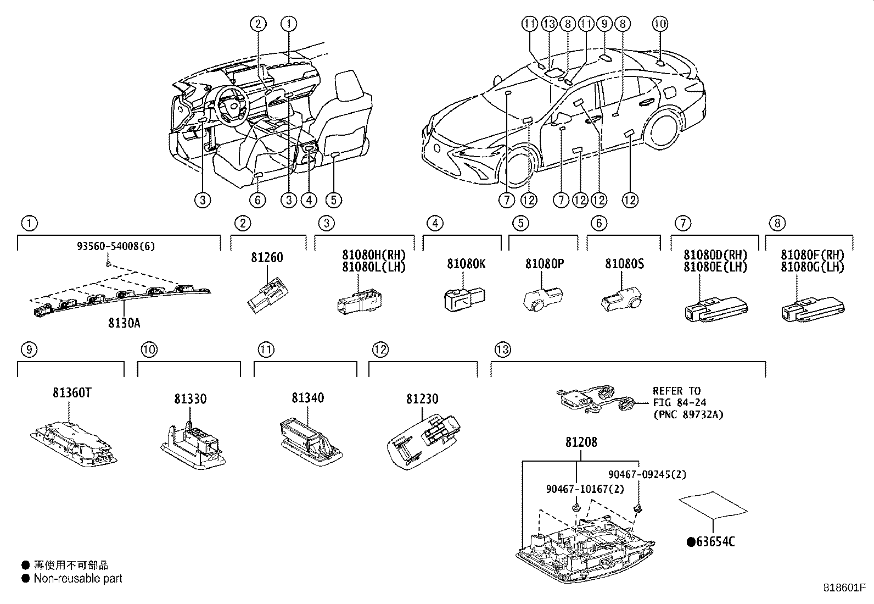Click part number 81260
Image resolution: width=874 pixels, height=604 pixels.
267,257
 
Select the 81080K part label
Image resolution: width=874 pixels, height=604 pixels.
466,264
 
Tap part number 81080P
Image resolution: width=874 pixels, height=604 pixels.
545,264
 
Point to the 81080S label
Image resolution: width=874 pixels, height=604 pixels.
624,264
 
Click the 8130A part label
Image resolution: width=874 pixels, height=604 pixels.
124,323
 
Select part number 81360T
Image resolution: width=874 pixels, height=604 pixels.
72,394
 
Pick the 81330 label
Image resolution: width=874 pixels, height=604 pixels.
191,399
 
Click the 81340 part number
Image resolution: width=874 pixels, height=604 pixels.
307,398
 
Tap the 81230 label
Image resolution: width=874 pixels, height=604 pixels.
422,399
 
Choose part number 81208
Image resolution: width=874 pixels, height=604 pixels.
581,442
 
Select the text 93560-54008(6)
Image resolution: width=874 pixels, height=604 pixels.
115,246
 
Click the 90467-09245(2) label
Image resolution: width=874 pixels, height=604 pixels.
647,474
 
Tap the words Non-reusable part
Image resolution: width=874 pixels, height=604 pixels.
78,578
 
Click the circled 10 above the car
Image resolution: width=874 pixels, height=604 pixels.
660,23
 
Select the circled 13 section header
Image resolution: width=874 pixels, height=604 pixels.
502,349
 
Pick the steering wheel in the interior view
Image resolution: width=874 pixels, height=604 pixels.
231,103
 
